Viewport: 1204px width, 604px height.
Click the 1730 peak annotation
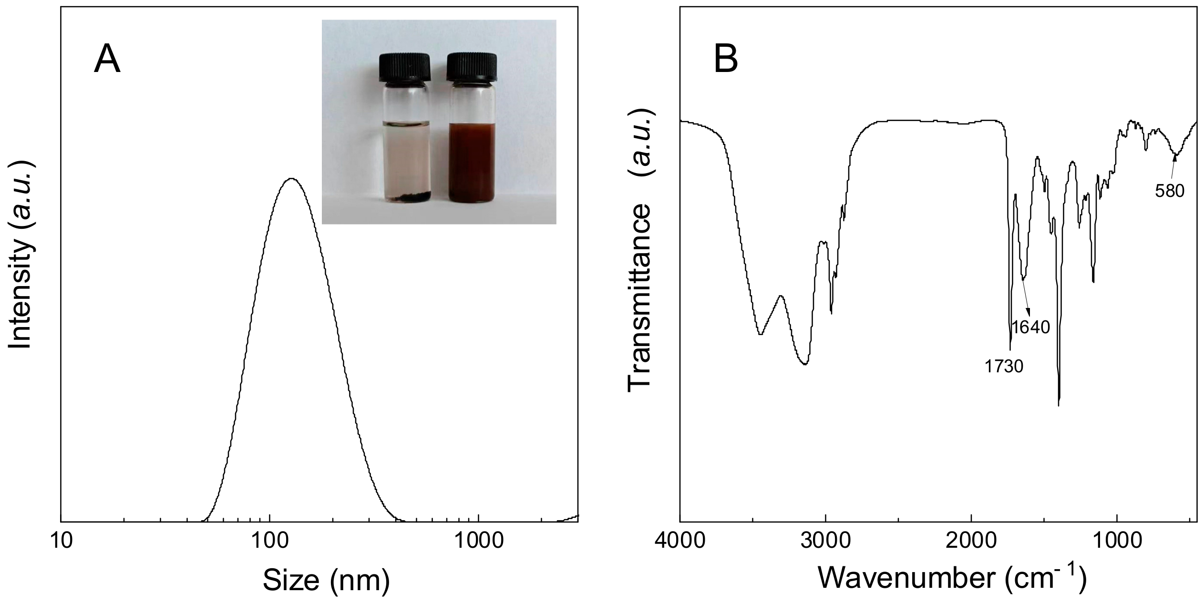[x=1004, y=367]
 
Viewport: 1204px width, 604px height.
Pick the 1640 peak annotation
[x=1031, y=327]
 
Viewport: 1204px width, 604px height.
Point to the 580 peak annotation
[x=1170, y=191]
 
